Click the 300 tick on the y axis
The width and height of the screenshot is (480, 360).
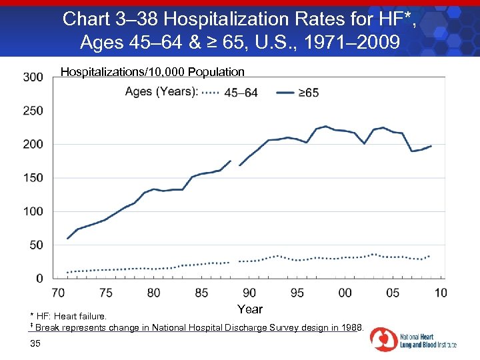pos(33,77)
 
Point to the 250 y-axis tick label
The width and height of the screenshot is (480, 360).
pos(33,111)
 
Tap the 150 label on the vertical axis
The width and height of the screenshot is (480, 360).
pos(33,178)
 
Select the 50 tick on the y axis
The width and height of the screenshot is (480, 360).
pos(37,245)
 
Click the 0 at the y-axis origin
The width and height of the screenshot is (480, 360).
pos(40,278)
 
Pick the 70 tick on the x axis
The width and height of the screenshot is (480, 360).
pos(59,293)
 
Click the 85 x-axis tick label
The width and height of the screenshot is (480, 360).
pos(201,293)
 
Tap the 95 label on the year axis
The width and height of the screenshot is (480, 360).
pos(297,293)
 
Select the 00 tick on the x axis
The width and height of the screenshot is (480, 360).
pos(345,293)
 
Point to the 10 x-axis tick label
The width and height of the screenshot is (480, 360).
pos(441,293)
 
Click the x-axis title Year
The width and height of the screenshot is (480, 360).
pos(250,309)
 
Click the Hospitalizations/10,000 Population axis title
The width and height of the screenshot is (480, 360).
pos(153,71)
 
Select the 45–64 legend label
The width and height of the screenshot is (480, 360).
pos(241,93)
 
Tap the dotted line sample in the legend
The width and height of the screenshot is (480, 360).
pos(210,93)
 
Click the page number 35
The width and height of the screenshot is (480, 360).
pos(36,343)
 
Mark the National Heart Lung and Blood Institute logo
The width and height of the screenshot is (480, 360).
pos(413,339)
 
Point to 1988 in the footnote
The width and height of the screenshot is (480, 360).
pos(349,327)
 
